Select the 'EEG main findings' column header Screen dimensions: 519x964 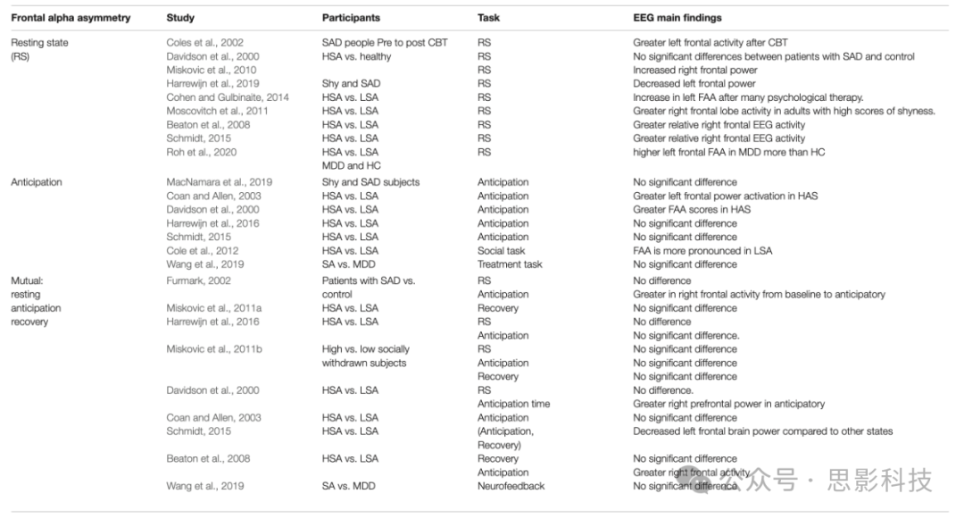coord(677,18)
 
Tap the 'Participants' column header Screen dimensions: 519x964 coord(351,18)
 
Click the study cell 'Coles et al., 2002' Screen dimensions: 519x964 coord(204,43)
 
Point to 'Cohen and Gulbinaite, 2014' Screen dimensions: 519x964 coord(228,97)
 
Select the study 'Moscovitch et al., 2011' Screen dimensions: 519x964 coord(218,111)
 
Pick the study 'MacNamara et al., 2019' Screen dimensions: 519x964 coord(220,182)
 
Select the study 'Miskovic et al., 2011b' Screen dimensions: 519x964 coord(214,349)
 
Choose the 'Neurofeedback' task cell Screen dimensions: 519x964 coord(511,486)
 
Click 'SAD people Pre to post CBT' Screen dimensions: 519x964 coord(386,43)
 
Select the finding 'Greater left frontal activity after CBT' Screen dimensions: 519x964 coord(711,43)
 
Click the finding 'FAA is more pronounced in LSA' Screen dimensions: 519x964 coord(703,251)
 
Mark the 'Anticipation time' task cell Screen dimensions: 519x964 coord(513,404)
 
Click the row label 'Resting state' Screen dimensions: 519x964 coord(39,43)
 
